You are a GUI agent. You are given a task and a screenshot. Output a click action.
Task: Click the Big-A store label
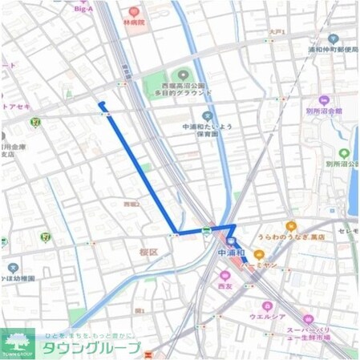[84, 8]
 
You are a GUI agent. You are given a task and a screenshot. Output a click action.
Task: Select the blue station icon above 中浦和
[231, 241]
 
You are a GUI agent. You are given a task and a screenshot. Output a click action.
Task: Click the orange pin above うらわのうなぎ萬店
[291, 226]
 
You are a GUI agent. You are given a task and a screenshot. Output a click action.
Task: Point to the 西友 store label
[224, 285]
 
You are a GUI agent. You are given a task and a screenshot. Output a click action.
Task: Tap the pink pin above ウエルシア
[268, 305]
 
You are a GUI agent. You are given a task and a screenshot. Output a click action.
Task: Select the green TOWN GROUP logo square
[18, 343]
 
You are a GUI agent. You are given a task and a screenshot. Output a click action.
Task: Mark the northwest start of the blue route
[100, 104]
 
